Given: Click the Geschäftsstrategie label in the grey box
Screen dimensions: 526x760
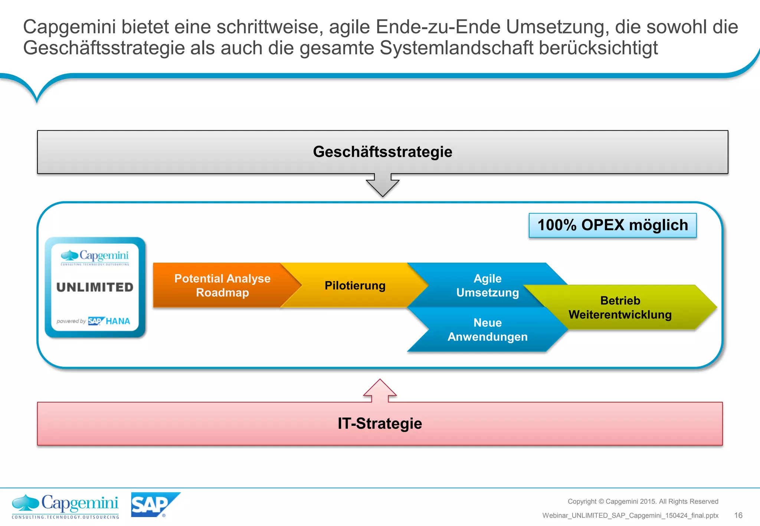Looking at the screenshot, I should click(382, 152).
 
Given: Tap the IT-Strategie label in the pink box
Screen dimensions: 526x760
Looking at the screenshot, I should click(380, 424).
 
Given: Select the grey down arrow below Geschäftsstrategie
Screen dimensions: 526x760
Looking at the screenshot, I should click(383, 185).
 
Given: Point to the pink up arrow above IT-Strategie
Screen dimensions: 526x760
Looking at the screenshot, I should click(380, 391).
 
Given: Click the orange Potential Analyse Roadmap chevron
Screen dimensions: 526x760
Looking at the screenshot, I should click(222, 285).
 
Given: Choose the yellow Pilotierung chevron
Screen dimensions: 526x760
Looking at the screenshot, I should click(355, 285).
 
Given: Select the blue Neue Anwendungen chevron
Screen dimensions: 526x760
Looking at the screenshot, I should click(487, 330).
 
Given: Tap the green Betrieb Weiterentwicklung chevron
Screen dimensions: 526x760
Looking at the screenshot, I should click(620, 308).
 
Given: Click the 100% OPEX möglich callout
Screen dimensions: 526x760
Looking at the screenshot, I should click(612, 225).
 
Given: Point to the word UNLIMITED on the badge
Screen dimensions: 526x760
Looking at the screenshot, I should click(95, 287).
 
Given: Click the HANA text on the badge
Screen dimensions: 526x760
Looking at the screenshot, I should click(118, 321).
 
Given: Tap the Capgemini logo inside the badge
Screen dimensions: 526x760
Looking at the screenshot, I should click(95, 257).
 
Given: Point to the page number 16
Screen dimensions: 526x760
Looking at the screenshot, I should click(738, 515).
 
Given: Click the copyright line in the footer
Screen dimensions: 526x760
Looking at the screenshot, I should click(643, 502).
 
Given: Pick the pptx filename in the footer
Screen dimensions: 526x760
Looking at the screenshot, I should click(630, 516).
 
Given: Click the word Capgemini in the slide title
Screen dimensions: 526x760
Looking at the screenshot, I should click(69, 27).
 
